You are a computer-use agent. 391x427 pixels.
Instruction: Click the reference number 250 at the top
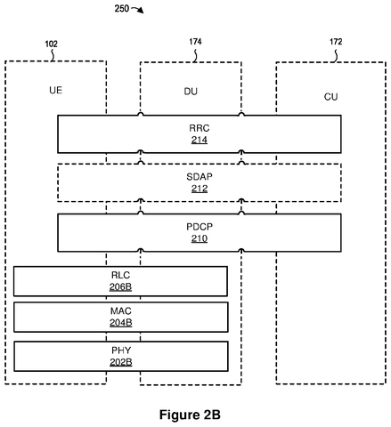coord(122,8)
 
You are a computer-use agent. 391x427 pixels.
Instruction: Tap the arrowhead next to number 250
coord(141,11)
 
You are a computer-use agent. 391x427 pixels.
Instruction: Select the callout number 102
coord(51,44)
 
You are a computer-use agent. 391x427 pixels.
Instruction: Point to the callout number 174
coord(195,42)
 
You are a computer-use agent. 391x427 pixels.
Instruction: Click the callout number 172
coord(336,42)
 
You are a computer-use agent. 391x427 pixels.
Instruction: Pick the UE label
coord(56,90)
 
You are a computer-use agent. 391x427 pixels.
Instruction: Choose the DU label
coord(191,92)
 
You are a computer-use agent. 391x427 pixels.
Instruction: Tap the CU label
coord(330,97)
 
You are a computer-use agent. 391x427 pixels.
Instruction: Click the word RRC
coord(200,128)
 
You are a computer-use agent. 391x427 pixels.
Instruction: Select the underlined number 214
coord(200,140)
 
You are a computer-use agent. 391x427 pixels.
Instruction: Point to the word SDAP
coord(200,177)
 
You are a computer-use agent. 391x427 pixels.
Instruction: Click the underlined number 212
coord(200,189)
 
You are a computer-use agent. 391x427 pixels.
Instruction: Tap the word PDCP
coord(200,227)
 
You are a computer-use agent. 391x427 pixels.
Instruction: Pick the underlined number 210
coord(200,238)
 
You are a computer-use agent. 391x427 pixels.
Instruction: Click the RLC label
coord(120,275)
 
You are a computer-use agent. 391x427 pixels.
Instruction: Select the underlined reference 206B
coord(120,286)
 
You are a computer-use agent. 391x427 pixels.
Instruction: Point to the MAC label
coord(121,311)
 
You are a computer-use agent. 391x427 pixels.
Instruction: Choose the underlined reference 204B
coord(121,323)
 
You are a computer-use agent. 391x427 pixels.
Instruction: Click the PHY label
coord(121,350)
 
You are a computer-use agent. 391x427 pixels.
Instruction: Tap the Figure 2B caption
coord(190,415)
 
